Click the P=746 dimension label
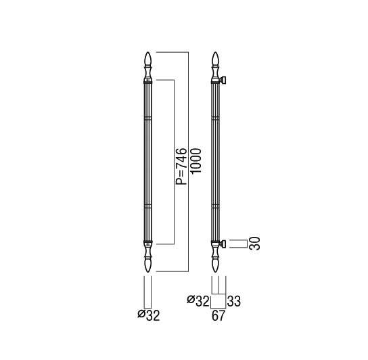pyautogui.click(x=182, y=166)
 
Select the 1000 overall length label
pyautogui.click(x=196, y=161)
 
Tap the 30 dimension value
pyautogui.click(x=254, y=244)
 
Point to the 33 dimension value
pyautogui.click(x=234, y=301)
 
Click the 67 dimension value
pyautogui.click(x=218, y=315)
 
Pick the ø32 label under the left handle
pyautogui.click(x=149, y=315)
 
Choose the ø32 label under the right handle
pyautogui.click(x=198, y=301)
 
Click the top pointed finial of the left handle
pyautogui.click(x=148, y=59)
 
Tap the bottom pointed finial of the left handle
pyautogui.click(x=148, y=265)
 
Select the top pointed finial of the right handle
pyautogui.click(x=215, y=59)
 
